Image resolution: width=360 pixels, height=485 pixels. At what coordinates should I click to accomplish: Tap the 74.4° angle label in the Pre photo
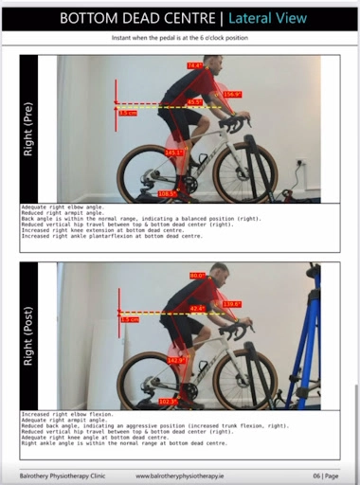(x=195, y=66)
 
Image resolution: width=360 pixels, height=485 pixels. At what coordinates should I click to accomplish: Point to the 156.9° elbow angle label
(x=232, y=95)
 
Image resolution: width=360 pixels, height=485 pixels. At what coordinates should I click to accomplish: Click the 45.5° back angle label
(x=194, y=102)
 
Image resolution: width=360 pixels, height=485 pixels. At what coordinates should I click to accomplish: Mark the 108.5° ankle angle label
(x=167, y=193)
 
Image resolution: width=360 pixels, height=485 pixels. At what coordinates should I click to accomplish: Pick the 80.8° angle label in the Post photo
(x=197, y=276)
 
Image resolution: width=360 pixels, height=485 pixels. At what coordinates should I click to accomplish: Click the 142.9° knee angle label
(x=176, y=361)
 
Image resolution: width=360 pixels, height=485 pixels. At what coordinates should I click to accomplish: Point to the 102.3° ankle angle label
(x=167, y=402)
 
